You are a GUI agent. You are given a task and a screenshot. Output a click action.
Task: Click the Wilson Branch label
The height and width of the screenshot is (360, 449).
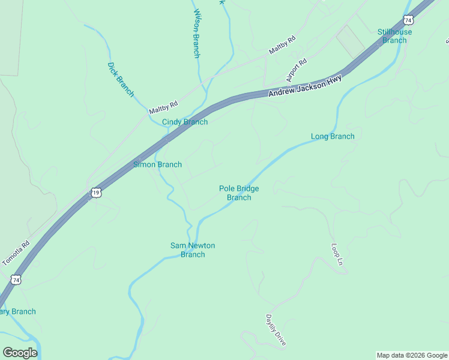coord(196,34)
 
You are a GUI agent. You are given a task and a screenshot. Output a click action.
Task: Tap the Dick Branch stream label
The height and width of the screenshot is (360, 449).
coord(121,79)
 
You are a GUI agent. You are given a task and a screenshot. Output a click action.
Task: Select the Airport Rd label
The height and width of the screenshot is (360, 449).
coord(297,70)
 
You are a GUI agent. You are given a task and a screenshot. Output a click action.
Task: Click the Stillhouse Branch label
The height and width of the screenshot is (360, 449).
coord(394,36)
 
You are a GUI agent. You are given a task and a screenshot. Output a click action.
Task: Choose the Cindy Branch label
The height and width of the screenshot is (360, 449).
coord(185,122)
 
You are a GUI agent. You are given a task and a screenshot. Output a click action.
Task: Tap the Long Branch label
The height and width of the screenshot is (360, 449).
coord(333,136)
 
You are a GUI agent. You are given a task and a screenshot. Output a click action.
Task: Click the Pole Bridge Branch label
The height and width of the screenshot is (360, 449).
coord(239,193)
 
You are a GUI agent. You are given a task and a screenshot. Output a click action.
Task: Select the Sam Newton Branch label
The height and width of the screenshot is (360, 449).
coord(193,250)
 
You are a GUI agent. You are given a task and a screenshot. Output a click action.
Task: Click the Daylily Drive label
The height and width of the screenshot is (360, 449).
coord(276,329)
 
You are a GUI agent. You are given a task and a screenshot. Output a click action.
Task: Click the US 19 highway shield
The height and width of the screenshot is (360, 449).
coord(96,193)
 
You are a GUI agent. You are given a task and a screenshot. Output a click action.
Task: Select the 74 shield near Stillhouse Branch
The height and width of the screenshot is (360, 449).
coord(408,20)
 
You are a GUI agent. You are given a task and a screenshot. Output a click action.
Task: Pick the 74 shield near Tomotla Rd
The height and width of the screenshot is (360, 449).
coord(16,280)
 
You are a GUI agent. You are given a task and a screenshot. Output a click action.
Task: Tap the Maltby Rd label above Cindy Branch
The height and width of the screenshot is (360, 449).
coord(163,107)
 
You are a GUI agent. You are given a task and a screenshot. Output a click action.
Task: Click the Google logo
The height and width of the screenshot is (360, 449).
coord(20,352)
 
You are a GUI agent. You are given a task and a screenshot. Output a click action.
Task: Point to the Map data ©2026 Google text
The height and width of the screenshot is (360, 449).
coord(412,355)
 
